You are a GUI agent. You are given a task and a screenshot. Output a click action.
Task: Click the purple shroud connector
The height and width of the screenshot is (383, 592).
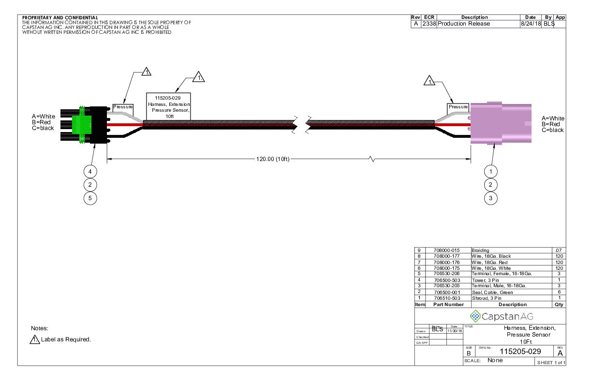tap(501, 123)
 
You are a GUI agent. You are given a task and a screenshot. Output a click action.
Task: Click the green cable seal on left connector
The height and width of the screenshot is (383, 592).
tap(81, 124)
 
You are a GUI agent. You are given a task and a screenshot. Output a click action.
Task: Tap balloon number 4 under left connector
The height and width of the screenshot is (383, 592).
tap(90, 171)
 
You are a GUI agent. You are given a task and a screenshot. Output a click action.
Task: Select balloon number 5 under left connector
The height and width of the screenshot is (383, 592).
tap(90, 198)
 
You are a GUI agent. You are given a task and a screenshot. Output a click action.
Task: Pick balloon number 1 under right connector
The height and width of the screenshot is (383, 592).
tap(491, 171)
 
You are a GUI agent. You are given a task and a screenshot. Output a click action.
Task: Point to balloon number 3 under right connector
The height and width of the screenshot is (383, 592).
tap(491, 198)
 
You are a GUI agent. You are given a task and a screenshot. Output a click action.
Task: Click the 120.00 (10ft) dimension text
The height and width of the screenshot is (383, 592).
tap(273, 159)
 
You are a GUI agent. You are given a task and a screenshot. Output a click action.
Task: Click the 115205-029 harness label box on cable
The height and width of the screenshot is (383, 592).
tap(169, 107)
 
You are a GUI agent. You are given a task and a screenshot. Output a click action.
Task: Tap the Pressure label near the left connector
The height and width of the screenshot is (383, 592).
tap(123, 106)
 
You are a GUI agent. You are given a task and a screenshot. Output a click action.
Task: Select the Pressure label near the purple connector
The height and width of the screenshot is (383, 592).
tap(458, 106)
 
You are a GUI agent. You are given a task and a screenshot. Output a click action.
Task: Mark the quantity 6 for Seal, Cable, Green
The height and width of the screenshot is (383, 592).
tap(559, 292)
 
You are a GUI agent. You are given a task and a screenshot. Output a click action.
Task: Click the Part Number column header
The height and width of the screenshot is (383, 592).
tap(448, 305)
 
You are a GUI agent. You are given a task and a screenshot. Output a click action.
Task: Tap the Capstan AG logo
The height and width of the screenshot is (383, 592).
tap(502, 316)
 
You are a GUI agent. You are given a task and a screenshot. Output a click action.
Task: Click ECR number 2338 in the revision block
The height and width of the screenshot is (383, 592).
tap(429, 24)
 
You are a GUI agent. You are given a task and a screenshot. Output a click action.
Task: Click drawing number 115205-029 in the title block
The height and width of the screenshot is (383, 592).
tap(520, 352)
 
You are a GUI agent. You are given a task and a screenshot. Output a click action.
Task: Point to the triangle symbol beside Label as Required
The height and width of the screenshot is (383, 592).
tap(35, 339)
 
